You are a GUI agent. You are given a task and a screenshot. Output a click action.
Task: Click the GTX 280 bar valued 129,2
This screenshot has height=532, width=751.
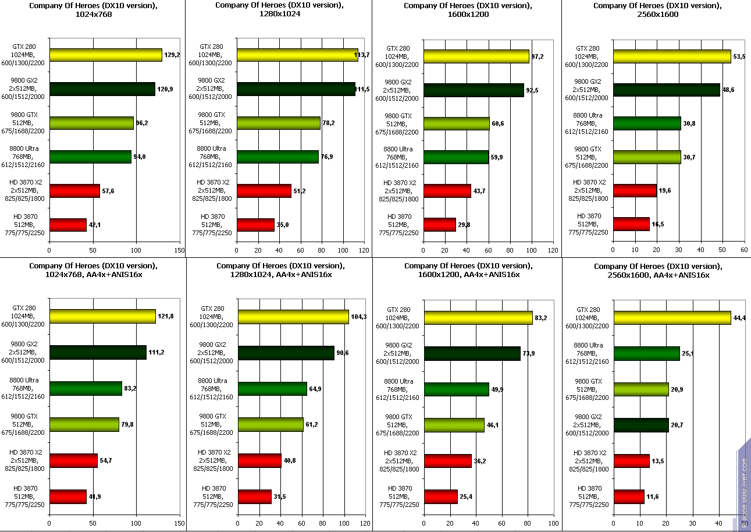(105, 55)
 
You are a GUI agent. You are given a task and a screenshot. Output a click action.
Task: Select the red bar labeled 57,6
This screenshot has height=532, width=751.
(74, 191)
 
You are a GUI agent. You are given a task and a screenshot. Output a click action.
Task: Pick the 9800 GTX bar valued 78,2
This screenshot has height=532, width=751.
(278, 123)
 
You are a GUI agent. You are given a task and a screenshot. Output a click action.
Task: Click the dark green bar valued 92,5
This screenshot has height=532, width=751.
(474, 90)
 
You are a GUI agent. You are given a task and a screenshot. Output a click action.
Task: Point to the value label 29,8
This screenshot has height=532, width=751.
(464, 225)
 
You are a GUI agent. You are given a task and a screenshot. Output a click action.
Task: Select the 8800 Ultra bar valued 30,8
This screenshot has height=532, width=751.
(647, 123)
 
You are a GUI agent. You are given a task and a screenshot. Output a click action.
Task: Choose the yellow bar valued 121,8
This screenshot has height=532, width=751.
(102, 316)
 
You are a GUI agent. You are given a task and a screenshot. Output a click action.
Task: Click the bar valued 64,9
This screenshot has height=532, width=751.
(272, 389)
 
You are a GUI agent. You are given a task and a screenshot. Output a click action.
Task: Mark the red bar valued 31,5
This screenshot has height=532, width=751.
(254, 496)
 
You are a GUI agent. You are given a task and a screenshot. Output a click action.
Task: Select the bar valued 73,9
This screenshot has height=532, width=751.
(472, 353)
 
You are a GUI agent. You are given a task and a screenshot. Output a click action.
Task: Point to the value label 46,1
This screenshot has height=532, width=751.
(493, 425)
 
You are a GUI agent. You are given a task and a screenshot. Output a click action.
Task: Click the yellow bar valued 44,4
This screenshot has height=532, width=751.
(672, 317)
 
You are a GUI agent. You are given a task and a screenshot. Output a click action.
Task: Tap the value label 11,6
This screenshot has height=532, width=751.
(653, 496)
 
